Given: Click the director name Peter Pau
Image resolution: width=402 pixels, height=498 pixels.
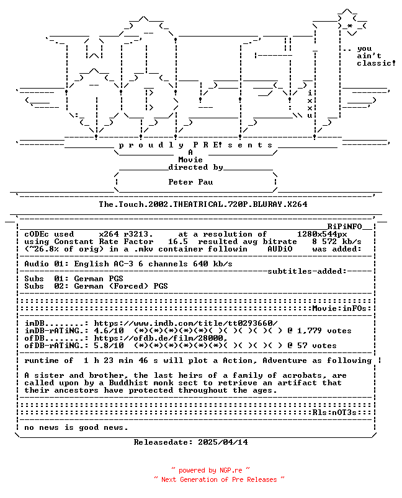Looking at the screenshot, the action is pos(190,182).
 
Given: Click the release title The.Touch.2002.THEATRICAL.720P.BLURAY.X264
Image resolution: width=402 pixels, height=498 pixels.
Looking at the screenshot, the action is pos(203,204).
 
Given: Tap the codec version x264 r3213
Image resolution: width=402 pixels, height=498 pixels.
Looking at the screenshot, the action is pos(126,234).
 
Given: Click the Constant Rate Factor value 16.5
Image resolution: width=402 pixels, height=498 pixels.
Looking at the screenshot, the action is pos(178,242).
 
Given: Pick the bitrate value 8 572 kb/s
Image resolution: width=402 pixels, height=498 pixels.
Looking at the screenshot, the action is pos(337,242).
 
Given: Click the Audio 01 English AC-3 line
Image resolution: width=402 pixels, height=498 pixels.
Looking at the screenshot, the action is pos(128,264).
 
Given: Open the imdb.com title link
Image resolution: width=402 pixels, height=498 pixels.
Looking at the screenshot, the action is pos(185,323).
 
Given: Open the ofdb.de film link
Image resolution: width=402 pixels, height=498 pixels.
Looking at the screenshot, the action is pos(161,338).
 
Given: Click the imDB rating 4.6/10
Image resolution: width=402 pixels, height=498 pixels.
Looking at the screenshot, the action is pos(109,331).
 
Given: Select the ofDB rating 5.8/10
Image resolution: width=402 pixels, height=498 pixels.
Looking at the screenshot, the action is pos(109,346).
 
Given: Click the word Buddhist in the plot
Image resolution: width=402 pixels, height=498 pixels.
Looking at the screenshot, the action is pos(128,383).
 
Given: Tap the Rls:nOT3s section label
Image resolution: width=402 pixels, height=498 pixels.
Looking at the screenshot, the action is pos(334,413).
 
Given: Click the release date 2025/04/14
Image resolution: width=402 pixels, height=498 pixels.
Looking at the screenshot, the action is pos(223,442).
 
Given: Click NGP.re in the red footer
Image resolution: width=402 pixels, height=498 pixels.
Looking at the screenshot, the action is pos(231,470).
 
